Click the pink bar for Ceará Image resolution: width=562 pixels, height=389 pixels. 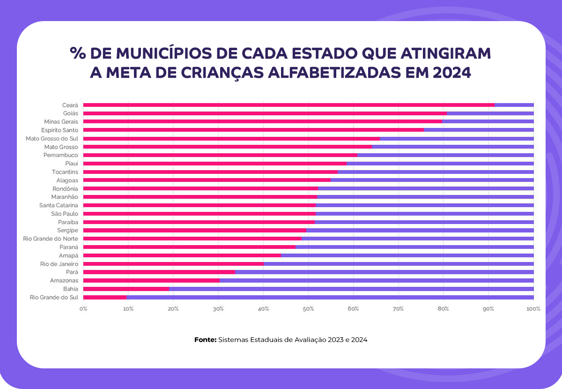click(x=288, y=105)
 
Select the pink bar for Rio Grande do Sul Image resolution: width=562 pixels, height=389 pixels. click(x=105, y=297)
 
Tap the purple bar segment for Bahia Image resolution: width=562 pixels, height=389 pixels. click(x=351, y=289)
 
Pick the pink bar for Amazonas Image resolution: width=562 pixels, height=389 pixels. click(x=151, y=280)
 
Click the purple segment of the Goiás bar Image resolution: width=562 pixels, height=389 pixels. click(x=490, y=113)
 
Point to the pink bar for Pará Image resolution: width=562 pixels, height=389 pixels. click(x=159, y=272)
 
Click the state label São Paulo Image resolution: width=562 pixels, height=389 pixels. click(x=65, y=214)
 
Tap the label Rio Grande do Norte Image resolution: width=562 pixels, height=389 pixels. click(x=51, y=239)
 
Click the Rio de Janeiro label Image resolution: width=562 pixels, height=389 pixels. click(x=59, y=264)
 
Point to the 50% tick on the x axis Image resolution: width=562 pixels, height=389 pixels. click(x=308, y=309)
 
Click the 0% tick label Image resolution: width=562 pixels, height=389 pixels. click(x=83, y=309)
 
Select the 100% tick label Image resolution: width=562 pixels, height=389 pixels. click(x=533, y=309)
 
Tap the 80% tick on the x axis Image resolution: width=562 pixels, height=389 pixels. click(x=444, y=309)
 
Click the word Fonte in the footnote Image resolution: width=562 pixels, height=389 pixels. click(x=205, y=340)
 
